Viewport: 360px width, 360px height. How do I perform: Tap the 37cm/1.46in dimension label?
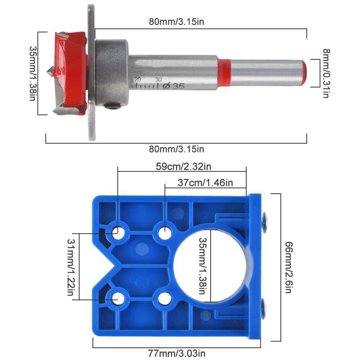(x=205, y=183)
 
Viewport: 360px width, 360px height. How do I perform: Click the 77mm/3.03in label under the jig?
(x=177, y=353)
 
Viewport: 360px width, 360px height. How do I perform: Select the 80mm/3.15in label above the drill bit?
(x=176, y=22)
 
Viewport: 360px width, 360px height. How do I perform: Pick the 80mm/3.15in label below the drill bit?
(x=176, y=149)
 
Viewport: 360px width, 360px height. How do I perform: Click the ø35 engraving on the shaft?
(x=175, y=86)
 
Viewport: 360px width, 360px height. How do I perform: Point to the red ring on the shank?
(x=224, y=71)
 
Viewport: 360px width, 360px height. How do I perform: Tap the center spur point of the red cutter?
(x=49, y=71)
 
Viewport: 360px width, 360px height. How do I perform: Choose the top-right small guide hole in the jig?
(x=164, y=233)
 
